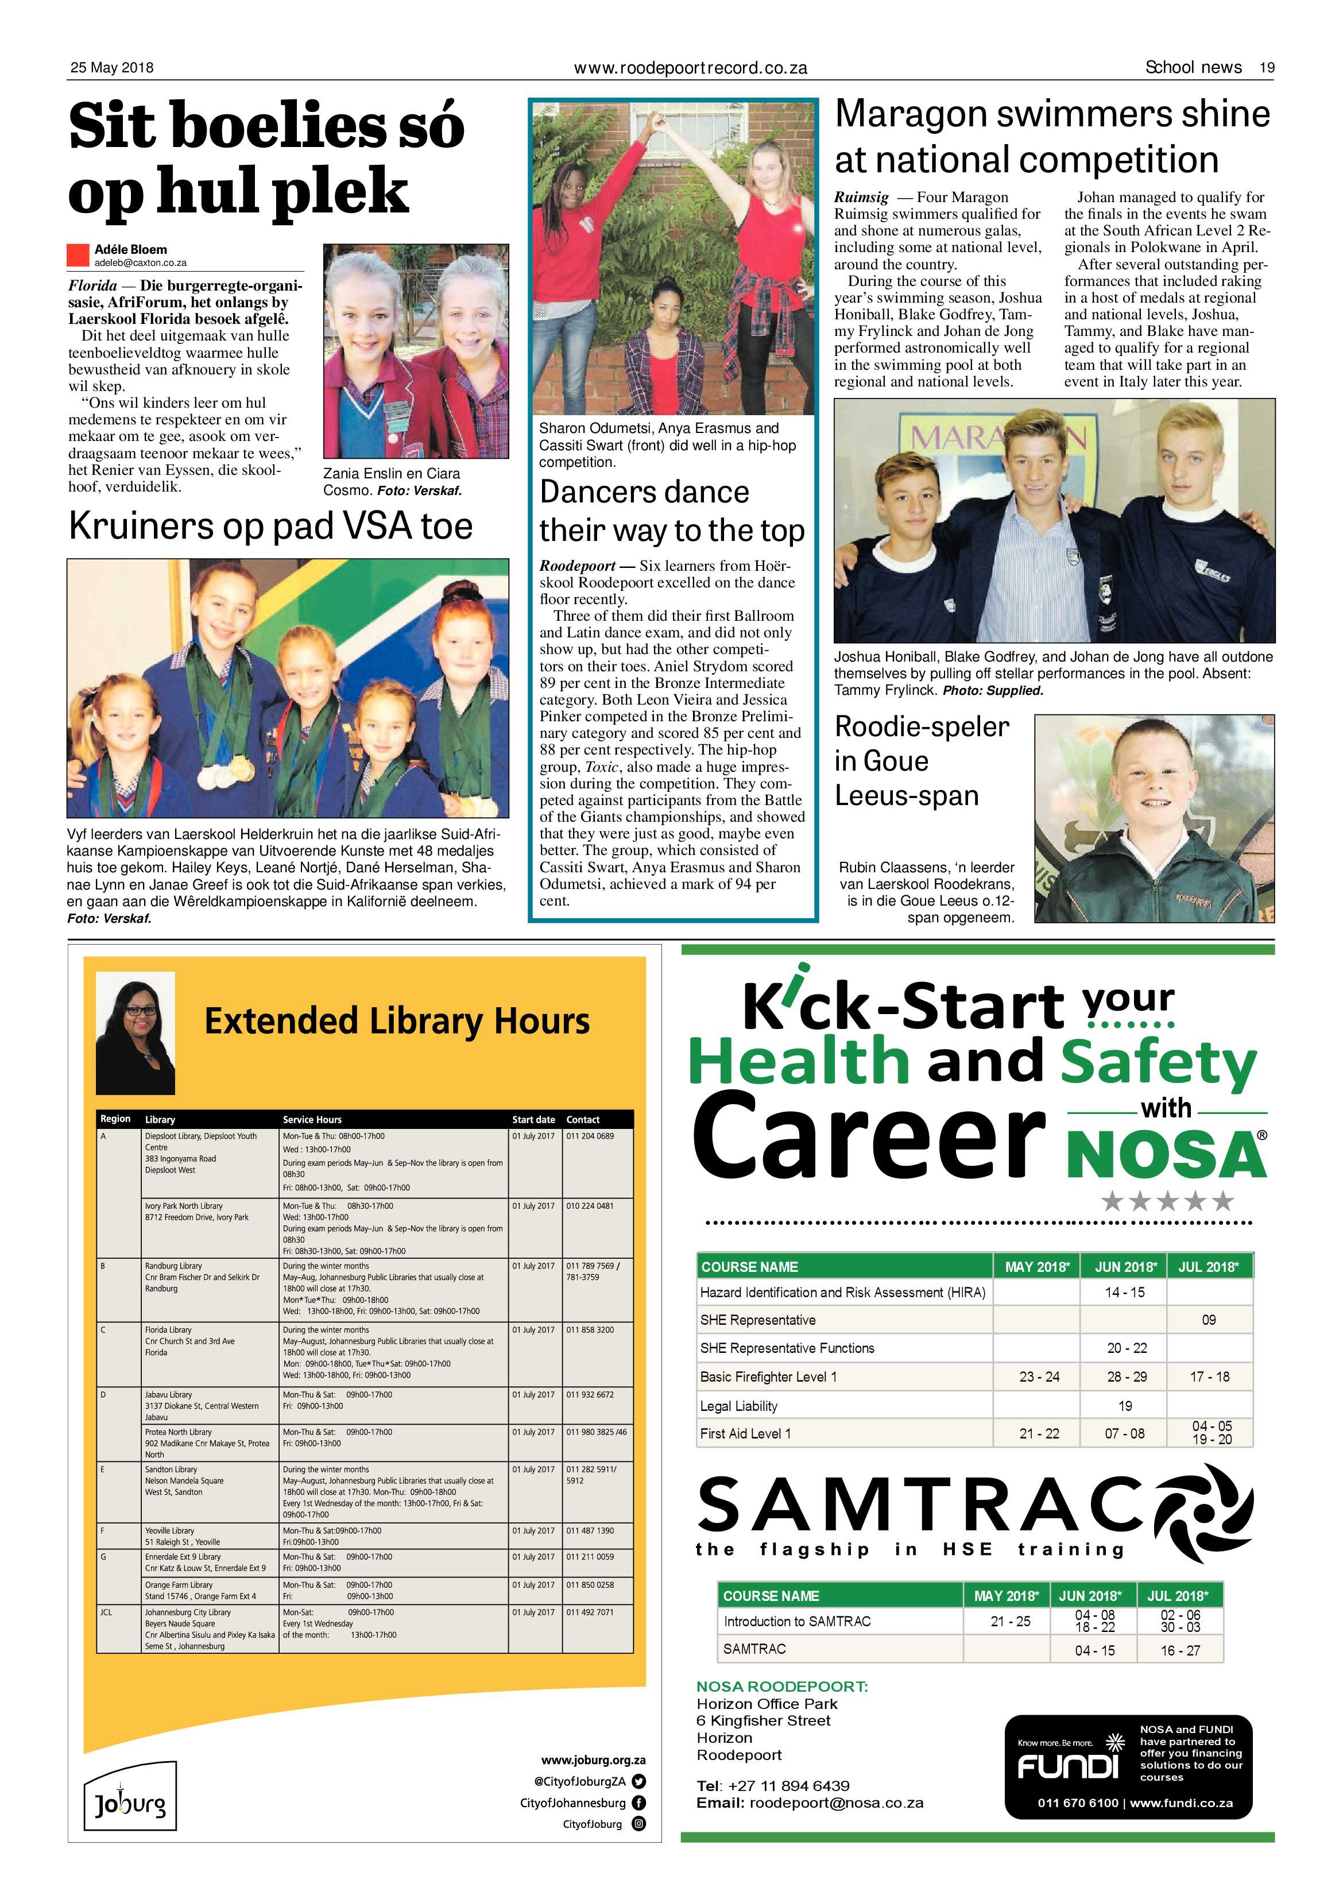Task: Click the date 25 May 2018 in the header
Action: click(111, 68)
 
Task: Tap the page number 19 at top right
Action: click(1266, 68)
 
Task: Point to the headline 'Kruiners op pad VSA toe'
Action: click(270, 526)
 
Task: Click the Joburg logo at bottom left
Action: click(130, 1803)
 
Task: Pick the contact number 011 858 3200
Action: click(590, 1330)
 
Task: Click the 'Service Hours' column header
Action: click(312, 1119)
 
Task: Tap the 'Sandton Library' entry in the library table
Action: click(171, 1469)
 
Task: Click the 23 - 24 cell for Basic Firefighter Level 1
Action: click(1039, 1376)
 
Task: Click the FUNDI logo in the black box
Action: click(1067, 1765)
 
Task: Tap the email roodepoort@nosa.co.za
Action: click(836, 1803)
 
